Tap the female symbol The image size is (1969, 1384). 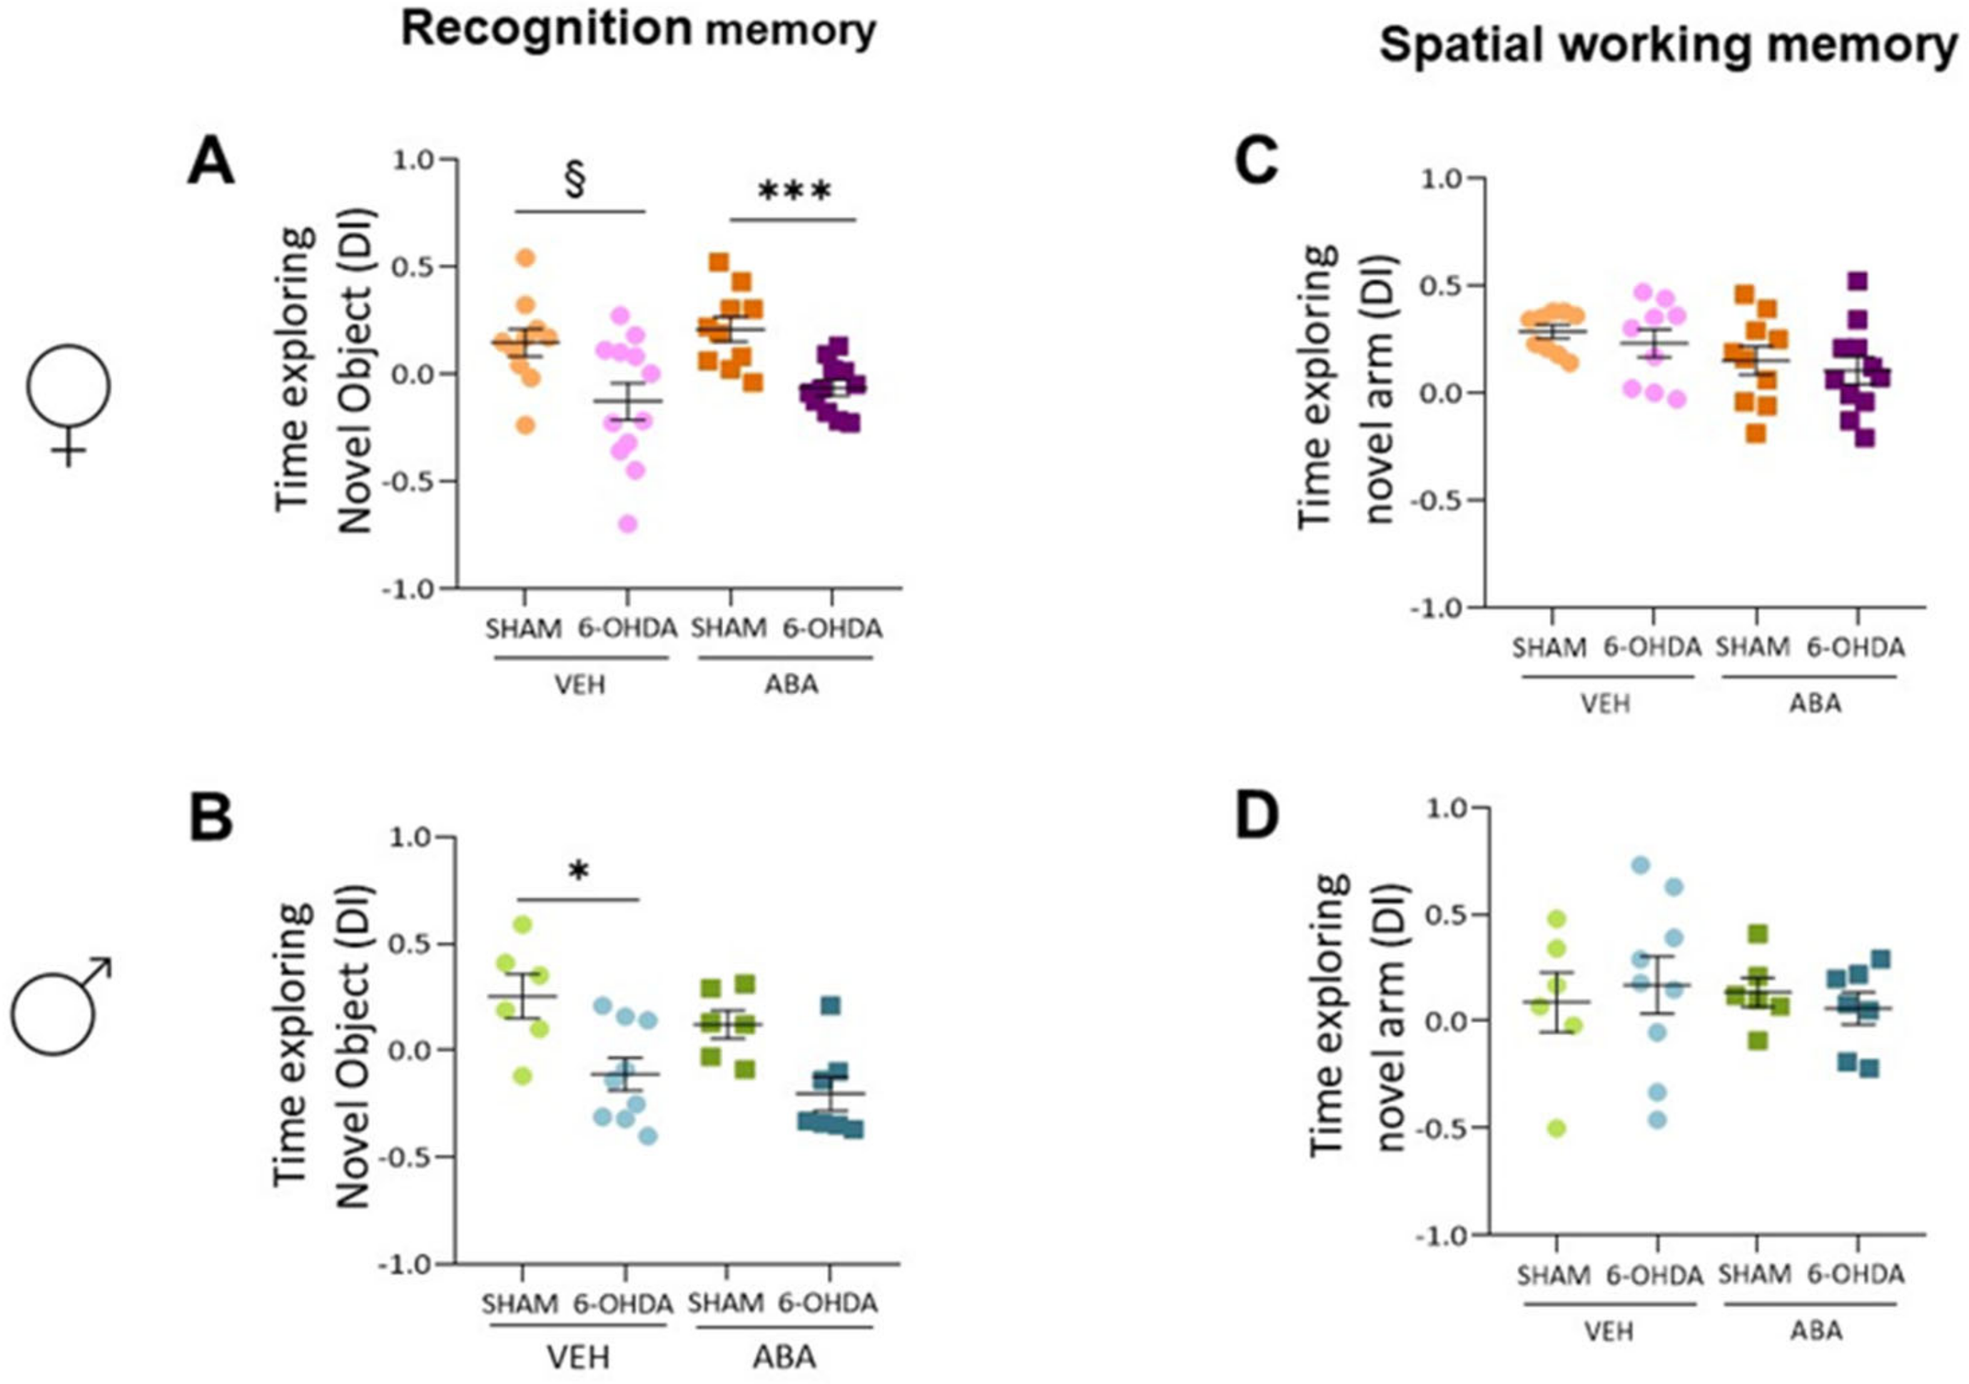click(69, 403)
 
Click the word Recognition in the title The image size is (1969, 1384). click(546, 29)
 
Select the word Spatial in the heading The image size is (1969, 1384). click(1459, 45)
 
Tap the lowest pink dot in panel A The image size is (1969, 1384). click(628, 524)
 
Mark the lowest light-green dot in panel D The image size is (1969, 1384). click(1557, 1129)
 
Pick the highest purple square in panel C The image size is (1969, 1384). click(1857, 280)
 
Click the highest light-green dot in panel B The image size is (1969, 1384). click(522, 925)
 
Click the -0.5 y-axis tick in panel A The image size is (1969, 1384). click(415, 481)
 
